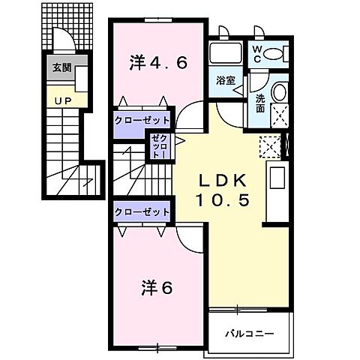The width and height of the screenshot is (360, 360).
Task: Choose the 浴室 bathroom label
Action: (226, 79)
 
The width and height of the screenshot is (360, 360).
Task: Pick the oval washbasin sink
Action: (277, 91)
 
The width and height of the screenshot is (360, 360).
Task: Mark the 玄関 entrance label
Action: (60, 67)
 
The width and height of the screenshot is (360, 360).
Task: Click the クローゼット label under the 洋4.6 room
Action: (142, 119)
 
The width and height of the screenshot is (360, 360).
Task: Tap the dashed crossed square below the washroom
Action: (268, 146)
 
